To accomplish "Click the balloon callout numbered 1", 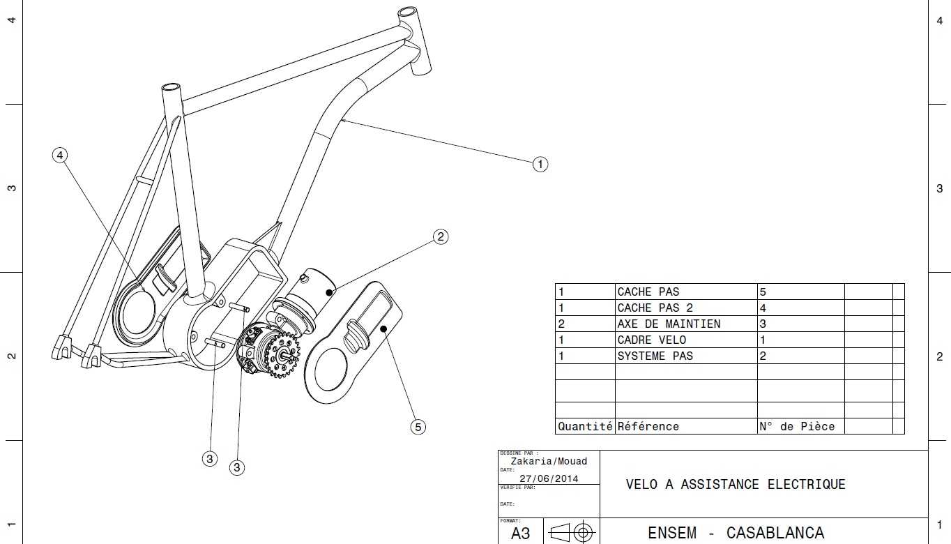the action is [540, 165].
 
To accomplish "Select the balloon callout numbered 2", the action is [441, 236].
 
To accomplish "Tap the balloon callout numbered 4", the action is [60, 155].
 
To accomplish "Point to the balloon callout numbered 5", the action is [418, 427].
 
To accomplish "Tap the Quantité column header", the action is [585, 426].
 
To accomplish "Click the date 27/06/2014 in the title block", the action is [549, 478].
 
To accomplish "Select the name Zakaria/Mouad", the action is [549, 461].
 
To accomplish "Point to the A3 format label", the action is [521, 533].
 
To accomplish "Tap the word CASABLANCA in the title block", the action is [775, 533].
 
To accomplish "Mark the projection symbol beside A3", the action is [572, 532].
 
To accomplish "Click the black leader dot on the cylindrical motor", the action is [329, 293].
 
